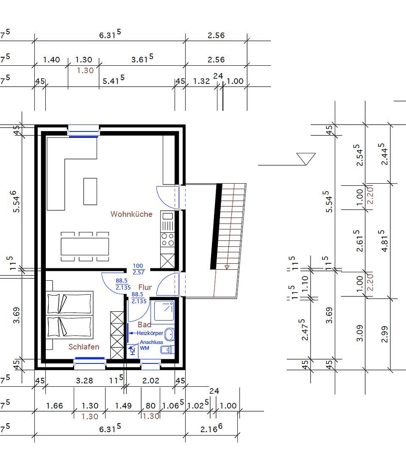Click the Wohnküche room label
pyautogui.click(x=131, y=214)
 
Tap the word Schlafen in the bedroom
pyautogui.click(x=84, y=347)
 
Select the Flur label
pyautogui.click(x=145, y=288)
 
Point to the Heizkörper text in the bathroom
pyautogui.click(x=150, y=333)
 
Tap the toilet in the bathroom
pyautogui.click(x=167, y=350)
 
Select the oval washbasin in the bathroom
pyautogui.click(x=170, y=334)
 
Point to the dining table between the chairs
pyautogui.click(x=85, y=246)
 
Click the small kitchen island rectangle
pyautogui.click(x=90, y=191)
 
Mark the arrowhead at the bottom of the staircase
pyautogui.click(x=227, y=267)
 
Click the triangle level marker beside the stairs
pyautogui.click(x=306, y=159)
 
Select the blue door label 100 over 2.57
pyautogui.click(x=138, y=269)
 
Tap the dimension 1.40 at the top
pyautogui.click(x=51, y=60)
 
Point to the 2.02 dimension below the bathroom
pyautogui.click(x=150, y=380)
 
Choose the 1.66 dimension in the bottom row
pyautogui.click(x=54, y=406)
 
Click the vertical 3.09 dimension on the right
pyautogui.click(x=360, y=333)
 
